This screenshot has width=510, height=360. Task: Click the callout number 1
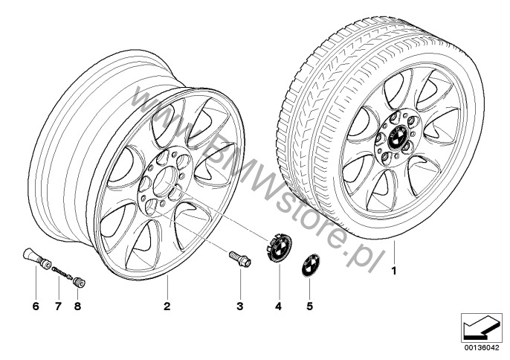tap(394, 271)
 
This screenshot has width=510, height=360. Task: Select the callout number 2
tap(167, 306)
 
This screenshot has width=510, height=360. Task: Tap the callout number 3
tap(240, 306)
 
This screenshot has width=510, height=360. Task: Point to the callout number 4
tap(278, 306)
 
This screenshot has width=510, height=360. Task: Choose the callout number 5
tap(309, 306)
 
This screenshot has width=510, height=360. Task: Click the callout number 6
tap(36, 306)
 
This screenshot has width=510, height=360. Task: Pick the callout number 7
tap(58, 306)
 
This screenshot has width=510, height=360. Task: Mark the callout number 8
tap(77, 306)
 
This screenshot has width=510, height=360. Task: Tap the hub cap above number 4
tap(279, 248)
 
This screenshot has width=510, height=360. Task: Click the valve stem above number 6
tap(36, 259)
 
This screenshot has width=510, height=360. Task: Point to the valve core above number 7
tap(62, 272)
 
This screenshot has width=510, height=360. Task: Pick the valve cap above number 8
tap(79, 282)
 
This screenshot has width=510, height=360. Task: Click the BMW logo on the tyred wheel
tap(398, 135)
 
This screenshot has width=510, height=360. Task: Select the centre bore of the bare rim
tap(164, 178)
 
